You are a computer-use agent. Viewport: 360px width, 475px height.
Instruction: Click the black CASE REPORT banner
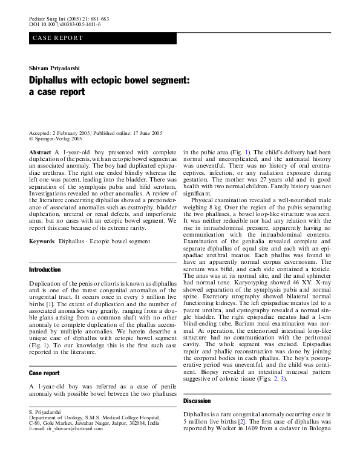103,38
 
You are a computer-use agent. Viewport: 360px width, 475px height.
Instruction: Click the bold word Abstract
41,152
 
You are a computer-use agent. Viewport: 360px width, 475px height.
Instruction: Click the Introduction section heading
45,269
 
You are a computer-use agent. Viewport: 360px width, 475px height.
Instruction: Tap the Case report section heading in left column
44,373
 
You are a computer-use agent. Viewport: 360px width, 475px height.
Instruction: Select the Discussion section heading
197,401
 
